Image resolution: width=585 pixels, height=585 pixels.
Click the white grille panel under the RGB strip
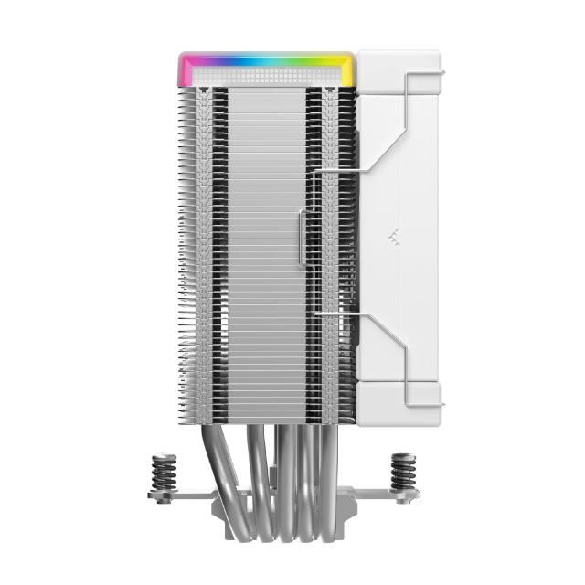[x=265, y=77]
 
